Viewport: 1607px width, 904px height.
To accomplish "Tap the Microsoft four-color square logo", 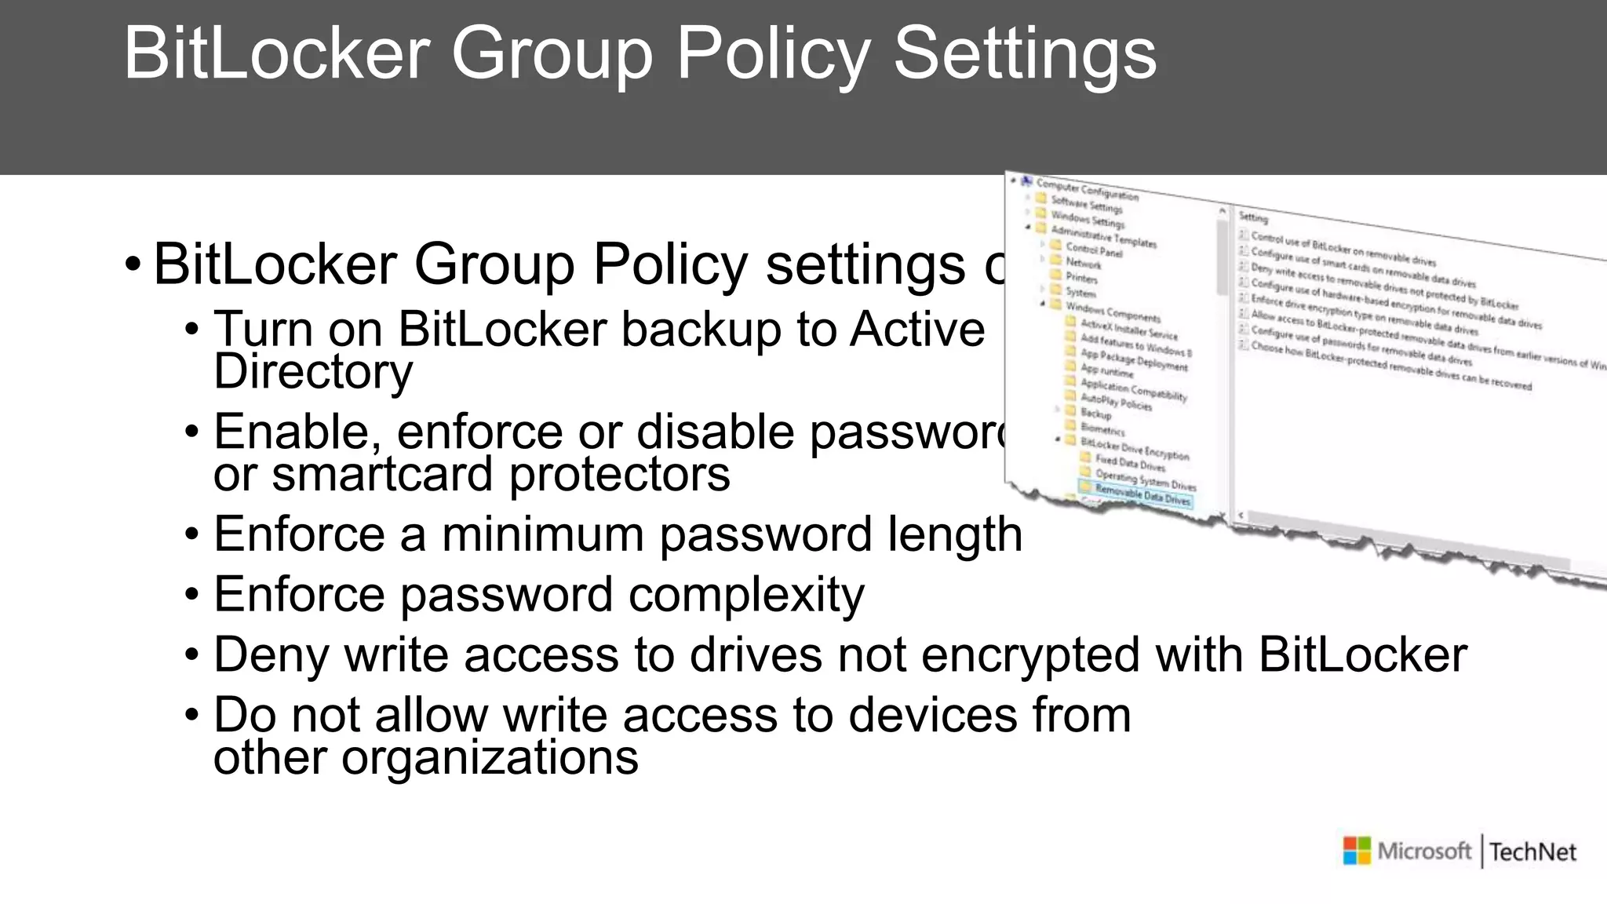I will point(1357,851).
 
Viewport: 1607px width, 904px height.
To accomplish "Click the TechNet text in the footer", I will point(1532,852).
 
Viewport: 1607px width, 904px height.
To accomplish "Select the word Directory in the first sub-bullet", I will point(313,372).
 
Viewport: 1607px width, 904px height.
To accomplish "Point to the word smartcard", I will point(383,475).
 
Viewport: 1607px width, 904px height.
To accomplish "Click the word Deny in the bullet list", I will point(271,655).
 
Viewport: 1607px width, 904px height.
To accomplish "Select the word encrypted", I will point(1029,655).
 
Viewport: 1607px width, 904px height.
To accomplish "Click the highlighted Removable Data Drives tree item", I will point(1142,495).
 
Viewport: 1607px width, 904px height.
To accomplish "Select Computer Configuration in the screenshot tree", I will point(1087,190).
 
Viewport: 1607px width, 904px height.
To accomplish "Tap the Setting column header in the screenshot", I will point(1253,217).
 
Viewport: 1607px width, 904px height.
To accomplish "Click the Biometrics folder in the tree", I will point(1102,428).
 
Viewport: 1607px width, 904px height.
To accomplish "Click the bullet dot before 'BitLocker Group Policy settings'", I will point(133,264).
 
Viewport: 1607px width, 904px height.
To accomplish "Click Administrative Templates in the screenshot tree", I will point(1103,236).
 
